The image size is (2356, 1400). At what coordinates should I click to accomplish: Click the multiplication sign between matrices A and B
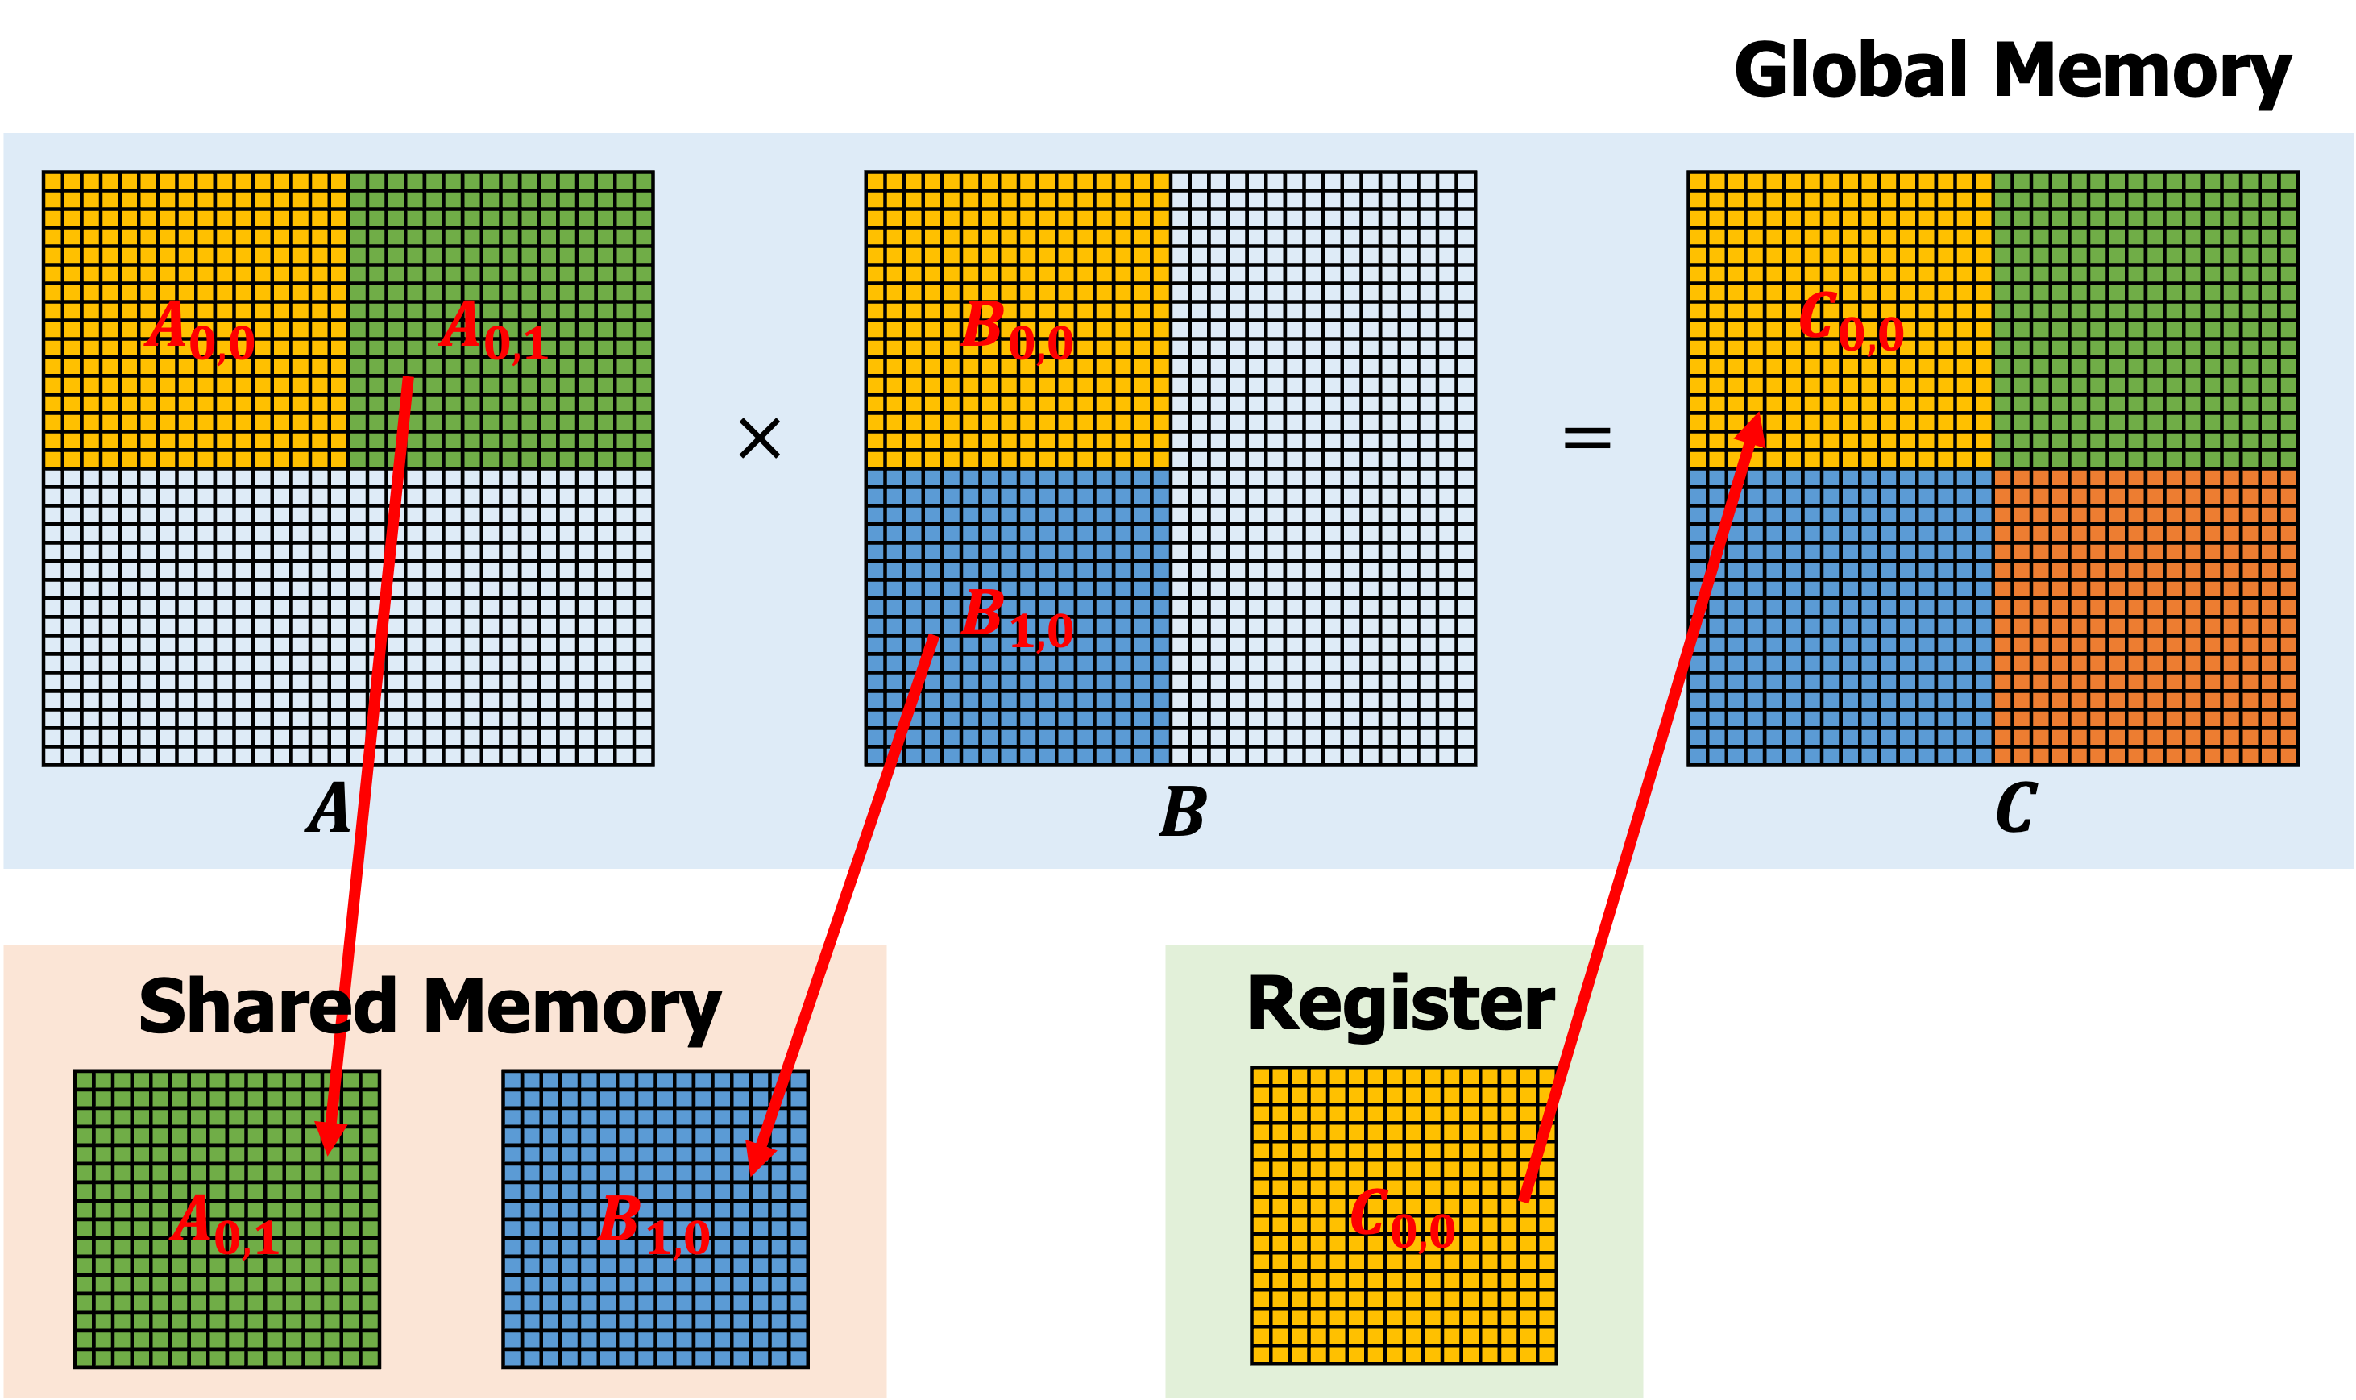pos(759,438)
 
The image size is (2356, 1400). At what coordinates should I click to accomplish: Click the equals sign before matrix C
pos(1587,438)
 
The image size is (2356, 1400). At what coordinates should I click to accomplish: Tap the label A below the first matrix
pos(328,808)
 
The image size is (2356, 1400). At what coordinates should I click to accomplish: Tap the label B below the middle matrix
pos(1183,812)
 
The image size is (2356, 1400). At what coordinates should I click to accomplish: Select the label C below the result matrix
pos(2017,808)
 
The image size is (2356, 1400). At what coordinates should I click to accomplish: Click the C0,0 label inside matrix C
pos(1851,323)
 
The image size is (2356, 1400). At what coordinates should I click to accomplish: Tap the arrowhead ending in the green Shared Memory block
pos(330,1139)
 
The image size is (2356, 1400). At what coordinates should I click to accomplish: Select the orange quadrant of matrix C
pos(2146,618)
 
